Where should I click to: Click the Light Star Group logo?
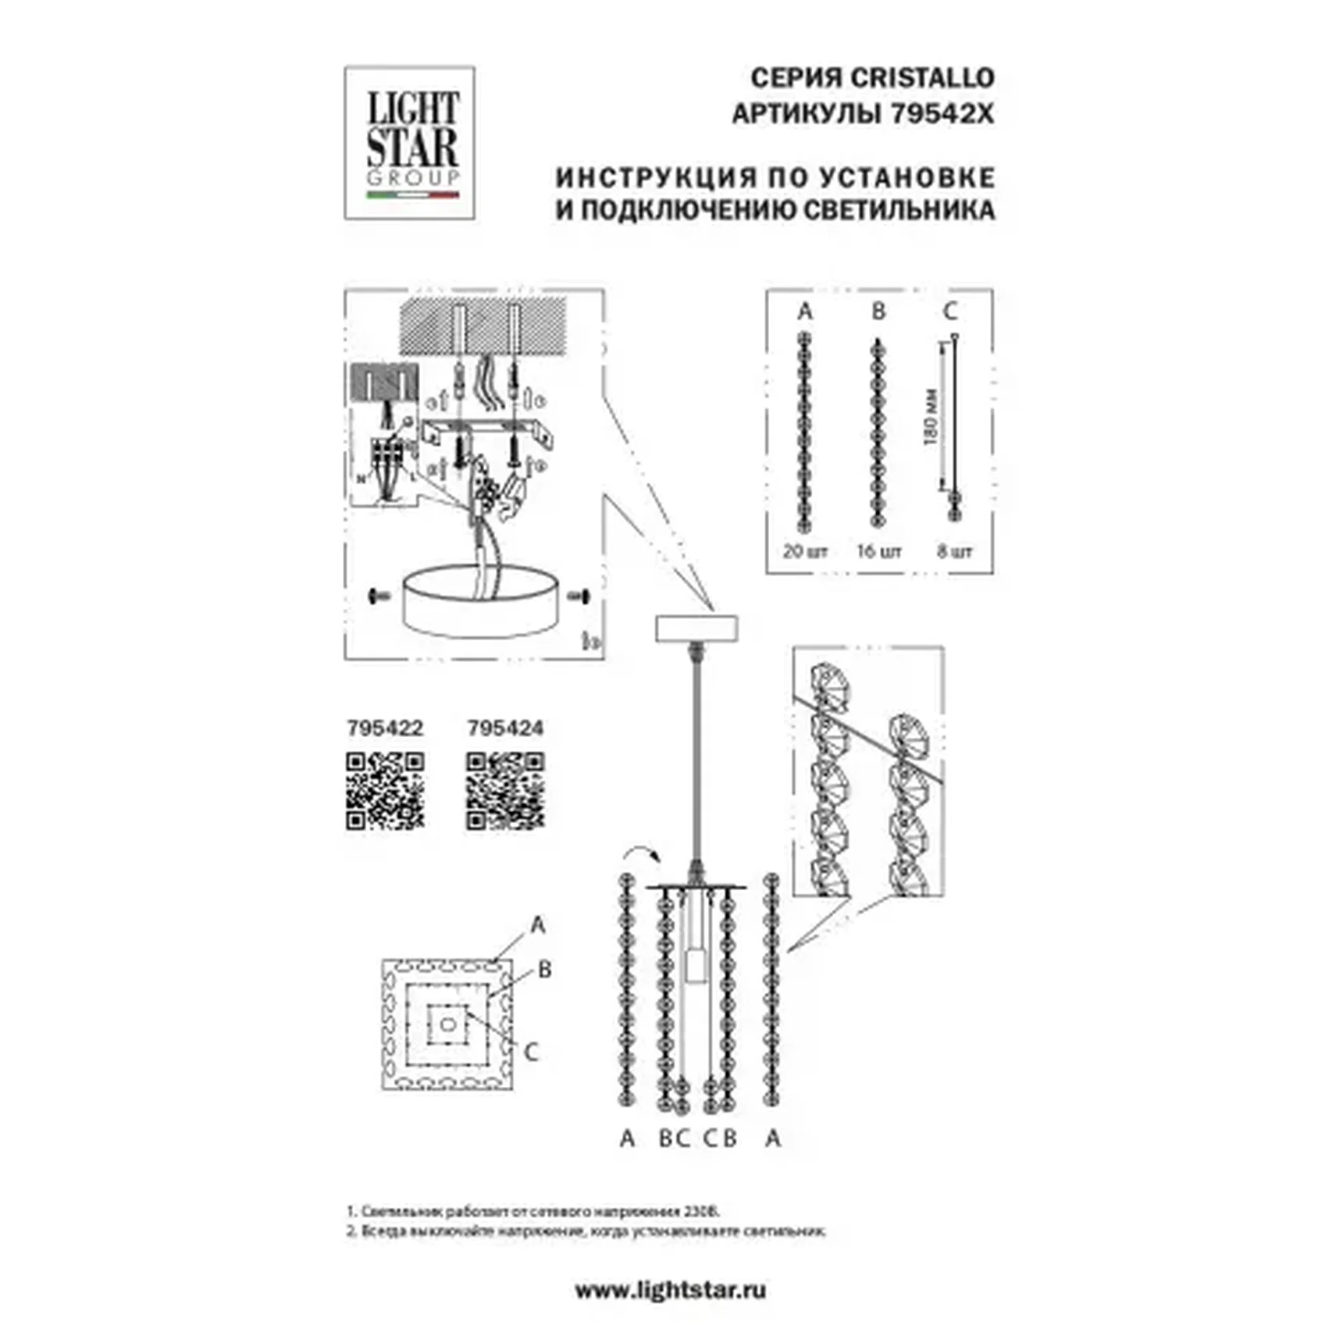[410, 142]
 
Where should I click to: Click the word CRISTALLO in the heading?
[921, 78]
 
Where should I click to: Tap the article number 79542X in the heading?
[942, 114]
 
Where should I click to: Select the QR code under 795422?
[385, 790]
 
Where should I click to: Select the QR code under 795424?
[505, 790]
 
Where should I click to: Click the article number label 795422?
[385, 728]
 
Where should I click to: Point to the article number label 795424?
[505, 728]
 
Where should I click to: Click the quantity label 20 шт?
[805, 550]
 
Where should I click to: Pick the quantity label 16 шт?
[879, 550]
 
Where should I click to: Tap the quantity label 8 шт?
[954, 550]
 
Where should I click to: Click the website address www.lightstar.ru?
[670, 1290]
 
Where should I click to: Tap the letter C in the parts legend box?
[950, 312]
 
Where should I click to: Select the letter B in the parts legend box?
[878, 312]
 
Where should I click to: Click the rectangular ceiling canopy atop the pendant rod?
[696, 628]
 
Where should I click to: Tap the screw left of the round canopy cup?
[379, 597]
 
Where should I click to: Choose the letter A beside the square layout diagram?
[537, 925]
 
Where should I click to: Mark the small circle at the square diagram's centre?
[448, 1024]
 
